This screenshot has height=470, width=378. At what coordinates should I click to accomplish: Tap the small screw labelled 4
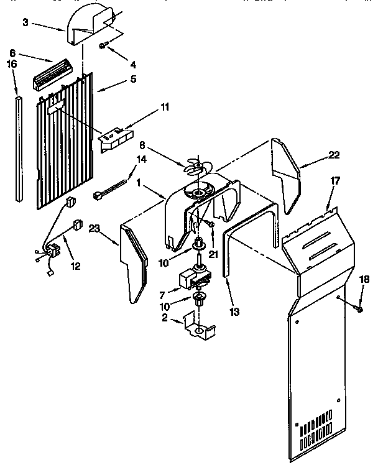(104, 45)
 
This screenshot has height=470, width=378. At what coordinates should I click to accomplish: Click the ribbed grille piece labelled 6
(50, 75)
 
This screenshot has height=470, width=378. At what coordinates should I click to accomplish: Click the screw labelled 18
(359, 306)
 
